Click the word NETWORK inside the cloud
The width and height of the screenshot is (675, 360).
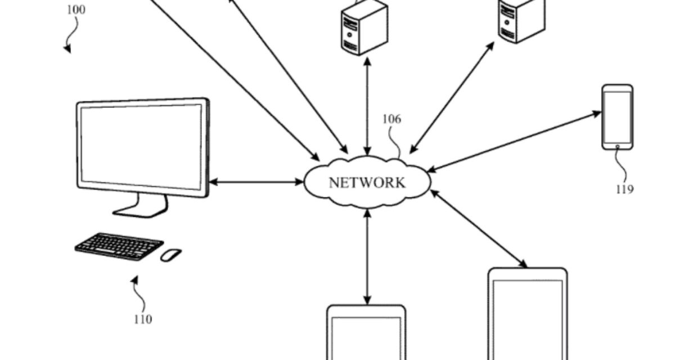(366, 183)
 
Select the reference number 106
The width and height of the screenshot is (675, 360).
(391, 119)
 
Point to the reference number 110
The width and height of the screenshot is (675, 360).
(143, 319)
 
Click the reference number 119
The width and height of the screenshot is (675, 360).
(624, 189)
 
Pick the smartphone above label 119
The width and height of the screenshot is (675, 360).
(617, 117)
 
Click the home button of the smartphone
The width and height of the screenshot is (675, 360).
(618, 146)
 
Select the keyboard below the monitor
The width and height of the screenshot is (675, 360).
(119, 246)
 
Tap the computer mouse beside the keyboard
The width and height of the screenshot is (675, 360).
(171, 255)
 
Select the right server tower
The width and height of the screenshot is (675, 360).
(521, 20)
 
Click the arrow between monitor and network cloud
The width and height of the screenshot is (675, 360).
(256, 182)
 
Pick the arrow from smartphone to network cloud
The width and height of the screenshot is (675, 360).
(514, 141)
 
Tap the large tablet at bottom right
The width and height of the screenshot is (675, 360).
(528, 315)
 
